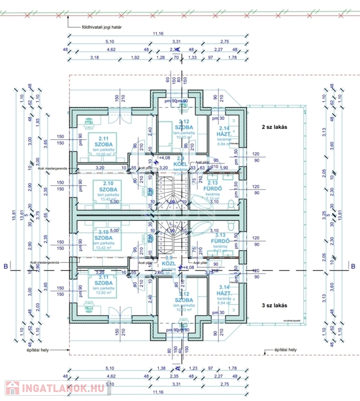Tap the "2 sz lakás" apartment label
point(275,127)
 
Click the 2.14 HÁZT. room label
point(224,132)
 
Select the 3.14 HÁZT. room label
point(224,290)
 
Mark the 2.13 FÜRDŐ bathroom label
point(213,186)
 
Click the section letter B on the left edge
point(6,267)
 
